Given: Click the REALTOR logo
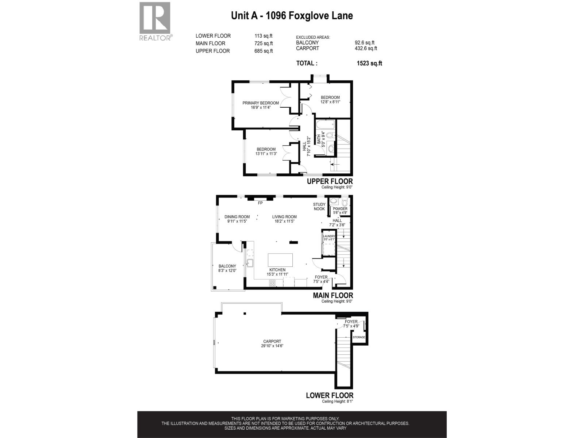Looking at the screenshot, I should coord(155,21).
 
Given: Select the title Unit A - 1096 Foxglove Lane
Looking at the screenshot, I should coord(292,16).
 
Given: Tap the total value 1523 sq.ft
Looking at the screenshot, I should coord(369,63).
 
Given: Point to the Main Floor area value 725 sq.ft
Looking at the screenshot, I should coord(264,43).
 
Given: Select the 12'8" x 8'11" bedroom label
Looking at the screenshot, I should coord(330,100).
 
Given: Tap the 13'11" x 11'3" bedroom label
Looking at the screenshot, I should coord(266,151).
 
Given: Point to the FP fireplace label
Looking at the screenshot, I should coord(260,203).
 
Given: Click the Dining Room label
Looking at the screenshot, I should coord(237,219).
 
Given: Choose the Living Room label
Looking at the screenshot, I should coord(284,219).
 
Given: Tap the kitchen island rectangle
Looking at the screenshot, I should coord(280,260).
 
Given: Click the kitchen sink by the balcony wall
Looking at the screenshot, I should coord(250,263).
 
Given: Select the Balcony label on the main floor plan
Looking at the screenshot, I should coord(227,268).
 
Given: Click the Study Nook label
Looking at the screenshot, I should coord(319,207).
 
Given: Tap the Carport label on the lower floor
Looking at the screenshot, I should coord(272,343).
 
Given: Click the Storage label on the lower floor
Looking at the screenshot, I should coord(359,337).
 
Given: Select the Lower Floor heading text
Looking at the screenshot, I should coord(329,395).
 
